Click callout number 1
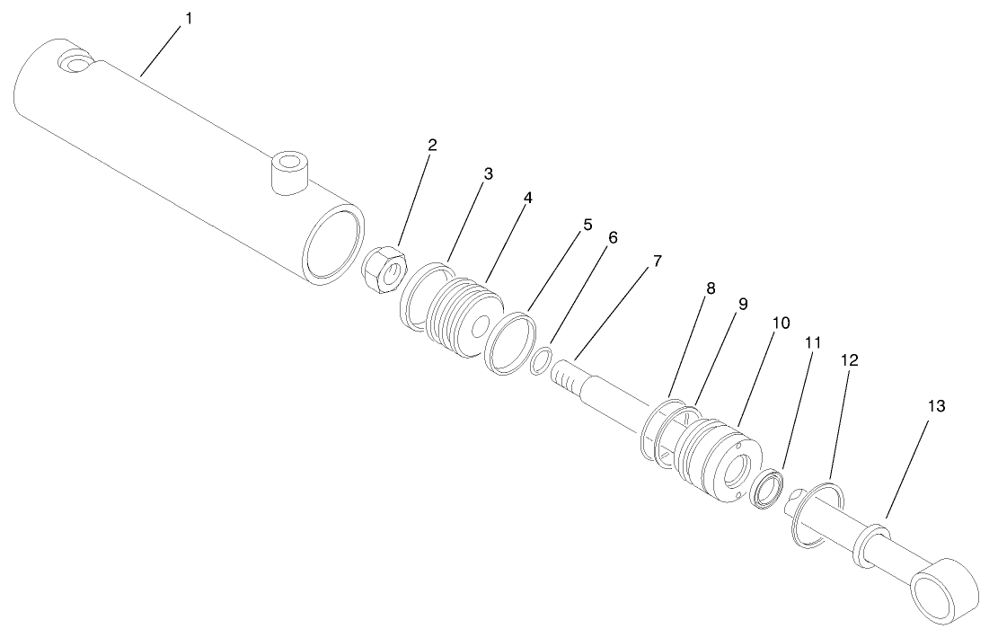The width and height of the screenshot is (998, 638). click(189, 17)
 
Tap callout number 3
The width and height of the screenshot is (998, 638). click(488, 174)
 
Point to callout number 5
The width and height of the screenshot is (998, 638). click(587, 226)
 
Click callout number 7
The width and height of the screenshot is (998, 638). click(658, 261)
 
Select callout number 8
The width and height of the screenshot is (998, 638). click(711, 288)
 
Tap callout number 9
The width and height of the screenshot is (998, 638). click(743, 305)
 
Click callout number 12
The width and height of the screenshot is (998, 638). click(850, 359)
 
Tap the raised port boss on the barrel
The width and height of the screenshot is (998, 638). click(289, 172)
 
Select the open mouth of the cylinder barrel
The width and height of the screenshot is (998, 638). click(334, 241)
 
